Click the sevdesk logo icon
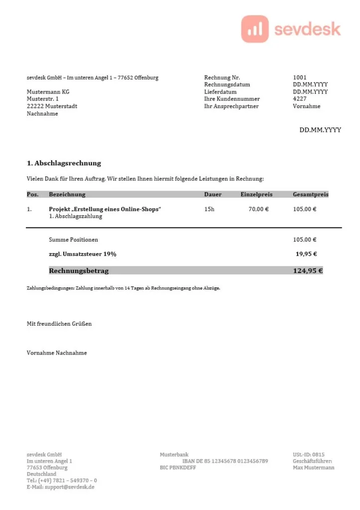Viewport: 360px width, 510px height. (x=254, y=29)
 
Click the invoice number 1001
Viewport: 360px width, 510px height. (x=300, y=78)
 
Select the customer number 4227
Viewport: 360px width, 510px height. (x=300, y=99)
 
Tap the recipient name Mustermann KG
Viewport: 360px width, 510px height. (x=48, y=92)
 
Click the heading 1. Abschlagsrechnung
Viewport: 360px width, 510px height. (x=64, y=163)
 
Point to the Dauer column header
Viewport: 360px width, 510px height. (x=213, y=195)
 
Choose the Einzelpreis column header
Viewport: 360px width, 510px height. (x=256, y=195)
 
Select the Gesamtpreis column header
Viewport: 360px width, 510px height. (x=310, y=195)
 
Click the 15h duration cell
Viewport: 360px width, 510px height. (x=209, y=209)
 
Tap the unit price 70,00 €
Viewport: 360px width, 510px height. (x=258, y=209)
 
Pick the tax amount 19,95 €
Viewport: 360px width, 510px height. (x=306, y=254)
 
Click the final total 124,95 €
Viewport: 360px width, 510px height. (x=308, y=271)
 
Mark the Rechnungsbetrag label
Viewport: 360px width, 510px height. (x=79, y=271)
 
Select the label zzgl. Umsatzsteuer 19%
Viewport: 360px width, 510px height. (x=83, y=254)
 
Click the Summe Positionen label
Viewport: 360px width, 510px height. (x=73, y=240)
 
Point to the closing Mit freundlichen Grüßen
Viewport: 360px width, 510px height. (x=59, y=324)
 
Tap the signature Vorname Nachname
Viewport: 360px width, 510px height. (x=57, y=353)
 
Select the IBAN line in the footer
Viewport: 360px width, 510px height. (x=225, y=461)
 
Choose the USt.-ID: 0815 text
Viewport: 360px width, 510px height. (x=308, y=455)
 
